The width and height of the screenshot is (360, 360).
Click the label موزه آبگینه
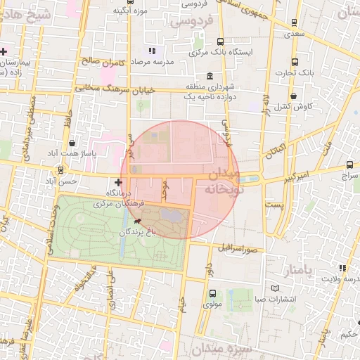pyautogui.click(x=131, y=11)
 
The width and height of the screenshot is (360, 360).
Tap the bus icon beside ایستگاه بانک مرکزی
pyautogui.click(x=221, y=41)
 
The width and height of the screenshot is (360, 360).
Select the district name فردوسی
pyautogui.click(x=191, y=23)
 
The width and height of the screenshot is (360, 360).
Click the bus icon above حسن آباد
pyautogui.click(x=61, y=169)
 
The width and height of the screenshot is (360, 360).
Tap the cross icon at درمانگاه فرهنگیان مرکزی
pyautogui.click(x=118, y=182)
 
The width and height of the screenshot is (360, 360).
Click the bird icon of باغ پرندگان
pyautogui.click(x=136, y=222)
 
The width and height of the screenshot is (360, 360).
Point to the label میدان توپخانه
pyautogui.click(x=228, y=180)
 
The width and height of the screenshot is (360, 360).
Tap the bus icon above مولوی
pyautogui.click(x=212, y=293)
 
